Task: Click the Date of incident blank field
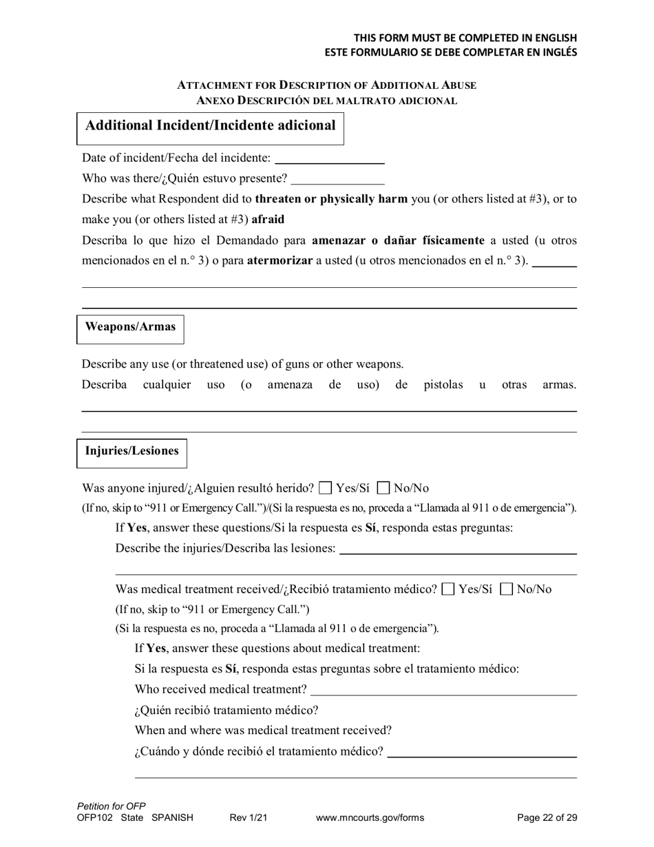point(329,158)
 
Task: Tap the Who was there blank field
point(337,179)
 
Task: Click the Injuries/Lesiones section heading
point(131,452)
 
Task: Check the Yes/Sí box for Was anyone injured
point(326,489)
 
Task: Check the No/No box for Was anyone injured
point(384,489)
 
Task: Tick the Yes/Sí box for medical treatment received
point(449,589)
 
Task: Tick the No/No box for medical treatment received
point(507,589)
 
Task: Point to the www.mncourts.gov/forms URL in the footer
point(370,818)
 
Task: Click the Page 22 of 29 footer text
point(547,818)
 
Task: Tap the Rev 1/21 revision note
point(248,818)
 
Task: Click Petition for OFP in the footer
point(112,806)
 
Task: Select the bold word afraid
point(268,220)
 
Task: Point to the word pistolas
point(443,385)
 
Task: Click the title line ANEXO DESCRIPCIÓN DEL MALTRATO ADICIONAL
point(326,101)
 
